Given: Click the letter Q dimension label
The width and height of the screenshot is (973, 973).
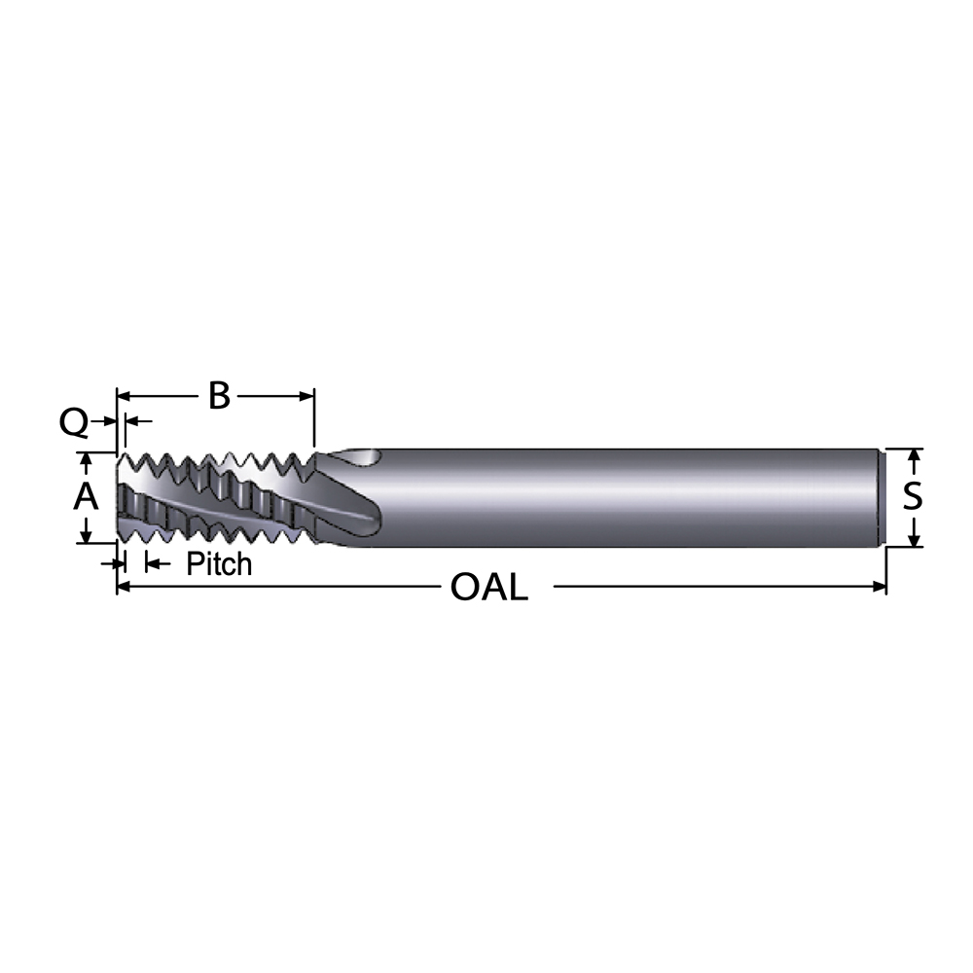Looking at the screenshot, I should pos(74,422).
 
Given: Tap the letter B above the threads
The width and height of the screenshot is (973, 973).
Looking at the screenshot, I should pos(219,396).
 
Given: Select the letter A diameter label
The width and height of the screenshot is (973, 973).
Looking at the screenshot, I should pos(87,497).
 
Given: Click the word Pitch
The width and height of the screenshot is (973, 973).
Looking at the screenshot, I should pos(219,563).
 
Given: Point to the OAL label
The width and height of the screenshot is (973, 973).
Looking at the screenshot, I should pos(489,587).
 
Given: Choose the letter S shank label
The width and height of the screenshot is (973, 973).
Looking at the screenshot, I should pos(912,497).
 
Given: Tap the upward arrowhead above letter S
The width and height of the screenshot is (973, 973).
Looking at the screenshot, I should pos(915,456).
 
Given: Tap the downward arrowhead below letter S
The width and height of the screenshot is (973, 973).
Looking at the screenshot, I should pos(915,538).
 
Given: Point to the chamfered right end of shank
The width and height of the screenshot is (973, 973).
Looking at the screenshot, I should pos(883,497).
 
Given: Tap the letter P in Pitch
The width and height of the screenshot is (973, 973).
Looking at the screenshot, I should pos(194,563).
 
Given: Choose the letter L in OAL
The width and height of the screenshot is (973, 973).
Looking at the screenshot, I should pos(516,587).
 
